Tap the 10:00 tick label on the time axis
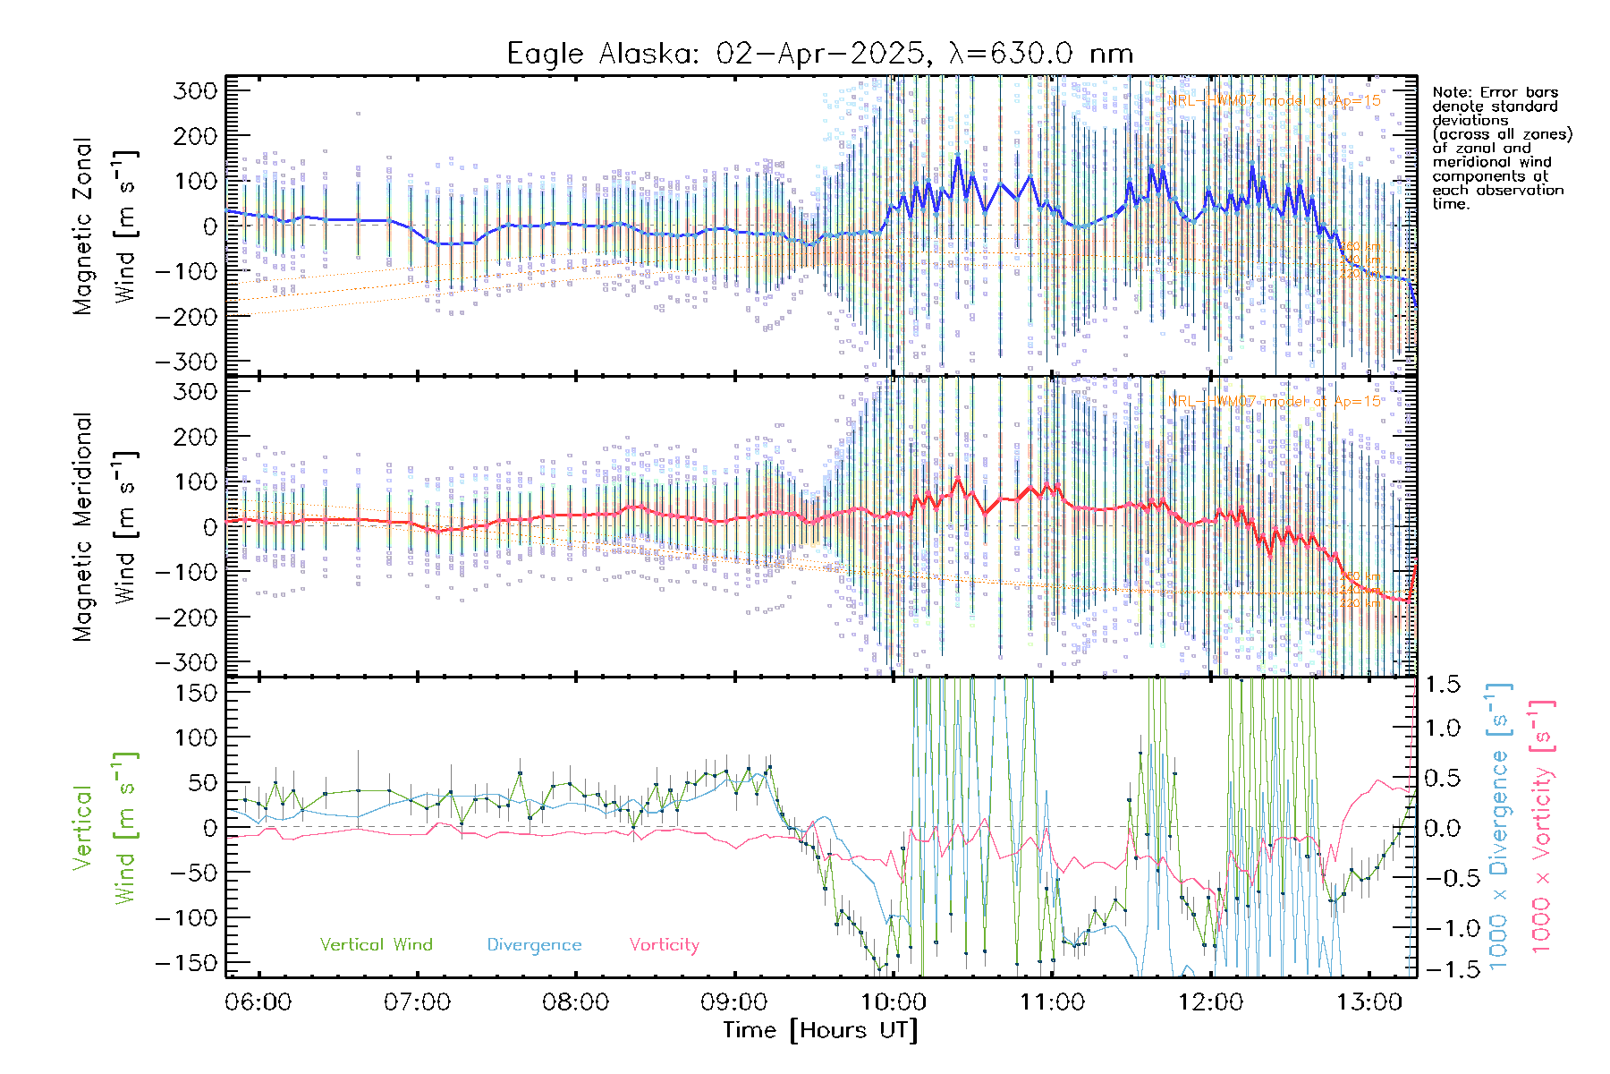[894, 1002]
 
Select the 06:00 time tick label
[258, 1002]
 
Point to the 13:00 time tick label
[1369, 1002]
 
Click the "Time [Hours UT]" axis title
[820, 1030]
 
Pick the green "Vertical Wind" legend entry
[376, 945]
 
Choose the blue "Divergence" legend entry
[534, 945]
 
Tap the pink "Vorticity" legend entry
[664, 945]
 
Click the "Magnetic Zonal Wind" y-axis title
[104, 226]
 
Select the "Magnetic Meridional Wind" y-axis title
[104, 527]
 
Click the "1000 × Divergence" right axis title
[1499, 828]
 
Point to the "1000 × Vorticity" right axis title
[1542, 828]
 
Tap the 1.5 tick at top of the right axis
[1442, 685]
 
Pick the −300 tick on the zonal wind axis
[186, 362]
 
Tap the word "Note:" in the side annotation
[1451, 93]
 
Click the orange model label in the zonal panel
[1274, 101]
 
